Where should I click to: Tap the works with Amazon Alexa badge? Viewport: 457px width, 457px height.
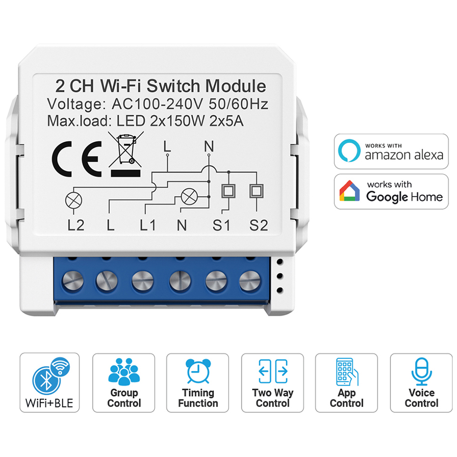coord(391,151)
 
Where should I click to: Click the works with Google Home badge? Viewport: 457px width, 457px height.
coord(391,191)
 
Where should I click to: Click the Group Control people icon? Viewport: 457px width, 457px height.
coord(123,371)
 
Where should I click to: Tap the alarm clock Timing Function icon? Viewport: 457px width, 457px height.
coord(198,371)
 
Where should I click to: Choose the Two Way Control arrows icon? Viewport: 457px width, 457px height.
coord(273,371)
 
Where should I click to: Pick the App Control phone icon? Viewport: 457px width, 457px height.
coord(346,371)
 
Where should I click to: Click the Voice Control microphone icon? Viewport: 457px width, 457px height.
coord(421,371)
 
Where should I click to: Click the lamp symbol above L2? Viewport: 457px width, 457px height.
coord(72,200)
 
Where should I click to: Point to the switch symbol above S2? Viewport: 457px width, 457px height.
coord(254,191)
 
